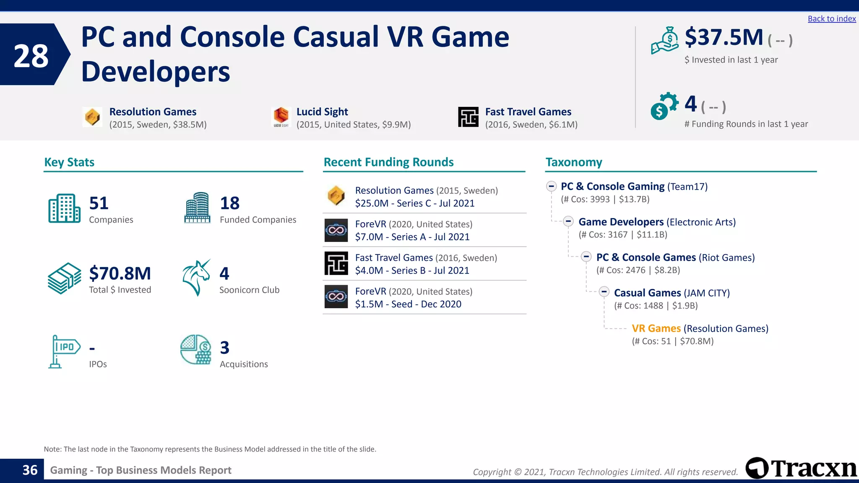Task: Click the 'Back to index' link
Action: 831,18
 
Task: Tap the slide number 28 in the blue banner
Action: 31,56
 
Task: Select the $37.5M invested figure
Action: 724,37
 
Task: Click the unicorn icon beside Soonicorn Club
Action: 196,277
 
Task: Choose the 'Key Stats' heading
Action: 69,162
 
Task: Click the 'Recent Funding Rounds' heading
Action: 388,162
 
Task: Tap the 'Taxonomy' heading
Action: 573,162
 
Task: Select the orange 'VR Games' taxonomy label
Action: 656,328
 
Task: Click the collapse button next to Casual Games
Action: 604,292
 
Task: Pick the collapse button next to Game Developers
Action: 568,221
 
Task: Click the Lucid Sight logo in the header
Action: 281,117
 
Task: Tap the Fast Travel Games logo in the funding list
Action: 336,263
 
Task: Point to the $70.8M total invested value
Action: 120,273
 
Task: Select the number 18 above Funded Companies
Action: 230,203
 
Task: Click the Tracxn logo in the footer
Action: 801,468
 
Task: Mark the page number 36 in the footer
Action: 30,470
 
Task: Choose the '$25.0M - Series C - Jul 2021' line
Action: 414,203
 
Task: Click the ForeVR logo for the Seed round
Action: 336,297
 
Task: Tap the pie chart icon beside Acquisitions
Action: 196,349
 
